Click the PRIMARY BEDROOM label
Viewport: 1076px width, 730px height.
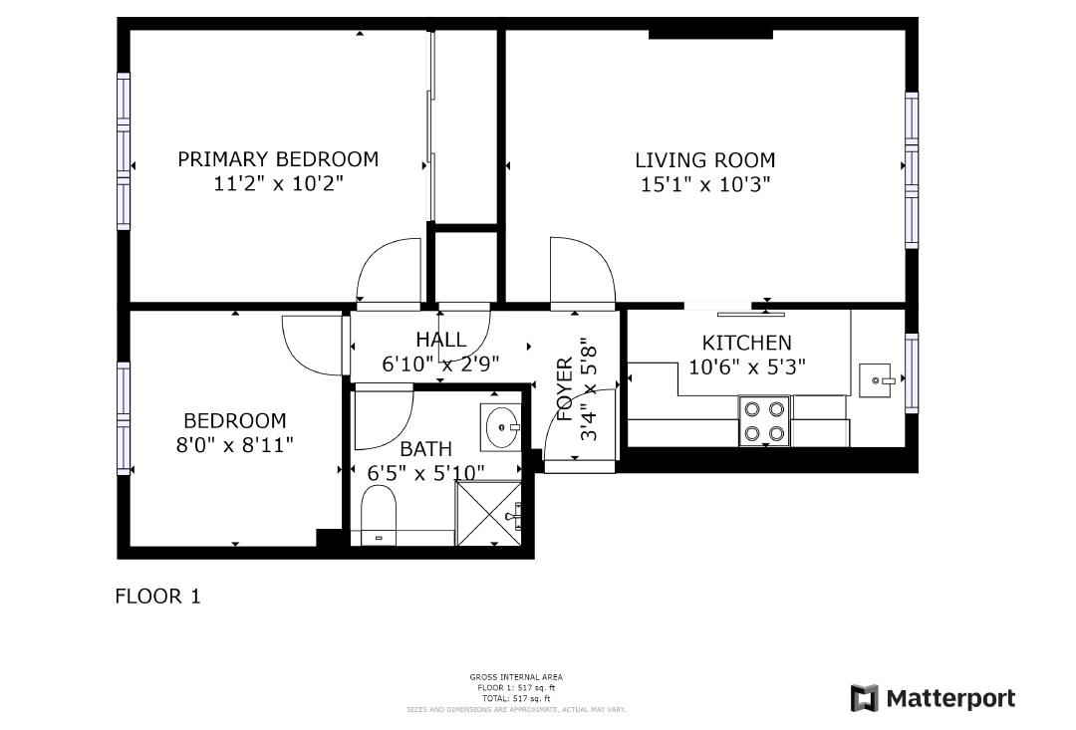(278, 159)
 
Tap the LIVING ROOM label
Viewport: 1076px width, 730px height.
(705, 160)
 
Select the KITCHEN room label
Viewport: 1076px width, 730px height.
(746, 343)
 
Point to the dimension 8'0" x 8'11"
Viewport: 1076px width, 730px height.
(235, 444)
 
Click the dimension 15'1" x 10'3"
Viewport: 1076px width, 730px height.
(705, 184)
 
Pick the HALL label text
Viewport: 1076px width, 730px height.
(441, 341)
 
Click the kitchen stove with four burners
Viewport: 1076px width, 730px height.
(763, 421)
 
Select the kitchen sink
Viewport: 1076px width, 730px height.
(876, 380)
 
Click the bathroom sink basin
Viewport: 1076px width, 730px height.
(500, 427)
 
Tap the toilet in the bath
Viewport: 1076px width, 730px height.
(379, 515)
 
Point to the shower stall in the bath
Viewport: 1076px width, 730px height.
(488, 513)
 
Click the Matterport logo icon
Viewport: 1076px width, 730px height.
(864, 698)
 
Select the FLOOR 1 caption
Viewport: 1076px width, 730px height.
(158, 598)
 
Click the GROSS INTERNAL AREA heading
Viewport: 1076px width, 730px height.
(515, 677)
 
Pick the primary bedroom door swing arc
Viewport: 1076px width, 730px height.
(390, 270)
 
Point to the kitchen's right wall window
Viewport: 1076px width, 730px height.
(911, 373)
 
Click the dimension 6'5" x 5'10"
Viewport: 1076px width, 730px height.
(426, 471)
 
